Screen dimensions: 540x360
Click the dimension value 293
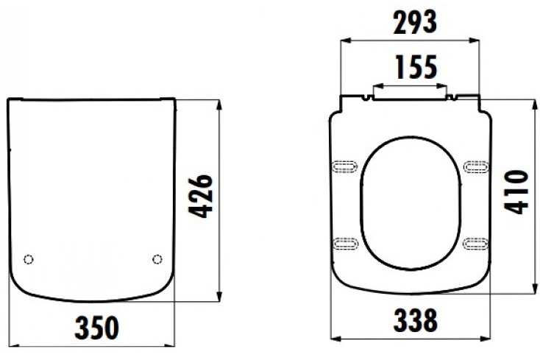pyautogui.click(x=415, y=23)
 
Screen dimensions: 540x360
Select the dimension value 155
pyautogui.click(x=416, y=66)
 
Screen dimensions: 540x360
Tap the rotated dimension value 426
pyautogui.click(x=202, y=197)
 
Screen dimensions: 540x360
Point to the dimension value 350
pyautogui.click(x=97, y=328)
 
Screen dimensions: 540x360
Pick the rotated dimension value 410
pyautogui.click(x=516, y=192)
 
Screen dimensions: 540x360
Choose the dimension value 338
pyautogui.click(x=416, y=320)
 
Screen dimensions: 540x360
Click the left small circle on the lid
pyautogui.click(x=28, y=259)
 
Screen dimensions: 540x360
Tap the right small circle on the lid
pyautogui.click(x=157, y=259)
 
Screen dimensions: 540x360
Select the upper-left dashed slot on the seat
pyautogui.click(x=346, y=166)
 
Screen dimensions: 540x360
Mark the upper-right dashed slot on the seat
pyautogui.click(x=476, y=166)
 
